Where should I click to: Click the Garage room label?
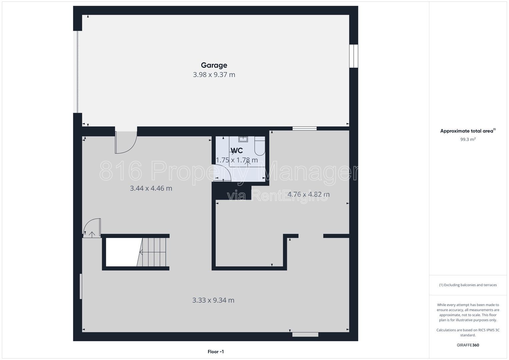point(214,65)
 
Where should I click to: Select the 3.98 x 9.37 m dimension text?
point(214,75)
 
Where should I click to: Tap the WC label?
point(237,150)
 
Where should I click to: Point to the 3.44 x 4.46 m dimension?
point(151,188)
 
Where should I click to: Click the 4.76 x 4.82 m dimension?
point(308,194)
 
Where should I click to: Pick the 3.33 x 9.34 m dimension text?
point(213,300)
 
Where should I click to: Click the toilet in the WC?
point(260,146)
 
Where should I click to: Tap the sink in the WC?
point(243,139)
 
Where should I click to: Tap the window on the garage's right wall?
point(354,56)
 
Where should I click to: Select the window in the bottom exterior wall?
point(305,335)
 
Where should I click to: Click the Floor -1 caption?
point(216,352)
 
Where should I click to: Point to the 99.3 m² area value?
point(468,139)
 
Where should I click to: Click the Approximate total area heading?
point(468,131)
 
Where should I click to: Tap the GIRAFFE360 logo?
point(468,345)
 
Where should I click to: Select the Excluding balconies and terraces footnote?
point(468,285)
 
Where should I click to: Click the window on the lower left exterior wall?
point(81,286)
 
